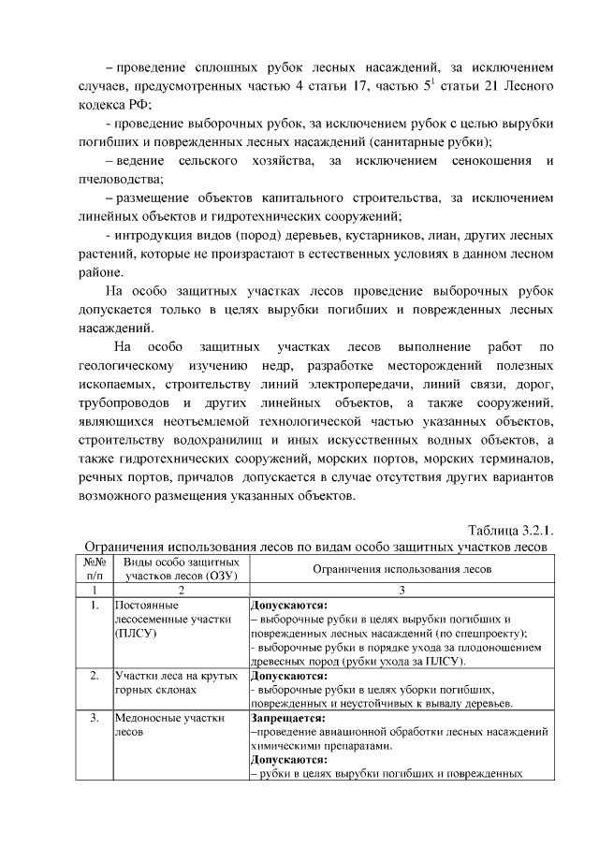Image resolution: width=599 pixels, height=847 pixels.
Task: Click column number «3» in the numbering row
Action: [x=402, y=591]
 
